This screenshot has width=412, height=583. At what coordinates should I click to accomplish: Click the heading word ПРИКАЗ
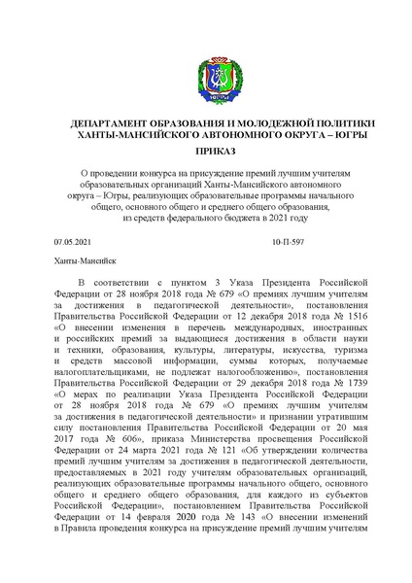206,154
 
